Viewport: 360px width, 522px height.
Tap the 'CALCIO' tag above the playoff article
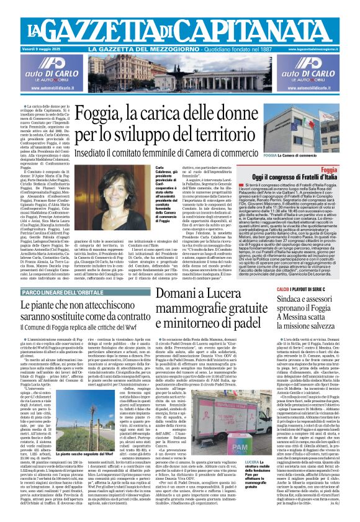click(x=282, y=289)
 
